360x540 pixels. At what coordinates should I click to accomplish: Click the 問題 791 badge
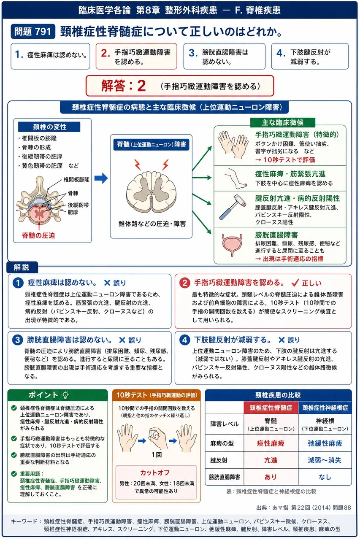point(33,31)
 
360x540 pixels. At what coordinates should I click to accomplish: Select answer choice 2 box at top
point(136,57)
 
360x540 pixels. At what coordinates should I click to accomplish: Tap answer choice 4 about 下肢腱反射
point(310,57)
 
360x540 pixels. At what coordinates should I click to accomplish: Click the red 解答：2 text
point(124,86)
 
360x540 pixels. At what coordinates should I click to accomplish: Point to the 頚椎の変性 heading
point(49,127)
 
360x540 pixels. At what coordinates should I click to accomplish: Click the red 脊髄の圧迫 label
point(38,235)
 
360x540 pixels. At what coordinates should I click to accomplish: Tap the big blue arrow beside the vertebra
point(101,178)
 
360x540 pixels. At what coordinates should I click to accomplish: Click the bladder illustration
point(233,245)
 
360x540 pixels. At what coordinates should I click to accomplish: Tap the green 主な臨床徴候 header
point(283,122)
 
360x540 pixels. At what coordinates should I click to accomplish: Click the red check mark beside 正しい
point(295,282)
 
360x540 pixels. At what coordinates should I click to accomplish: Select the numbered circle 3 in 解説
point(18,340)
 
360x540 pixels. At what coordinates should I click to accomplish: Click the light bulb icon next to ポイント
point(65,395)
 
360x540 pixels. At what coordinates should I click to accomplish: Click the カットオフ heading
point(155,472)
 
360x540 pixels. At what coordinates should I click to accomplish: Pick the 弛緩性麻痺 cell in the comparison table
point(325,443)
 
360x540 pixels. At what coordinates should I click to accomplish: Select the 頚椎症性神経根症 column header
point(325,408)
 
